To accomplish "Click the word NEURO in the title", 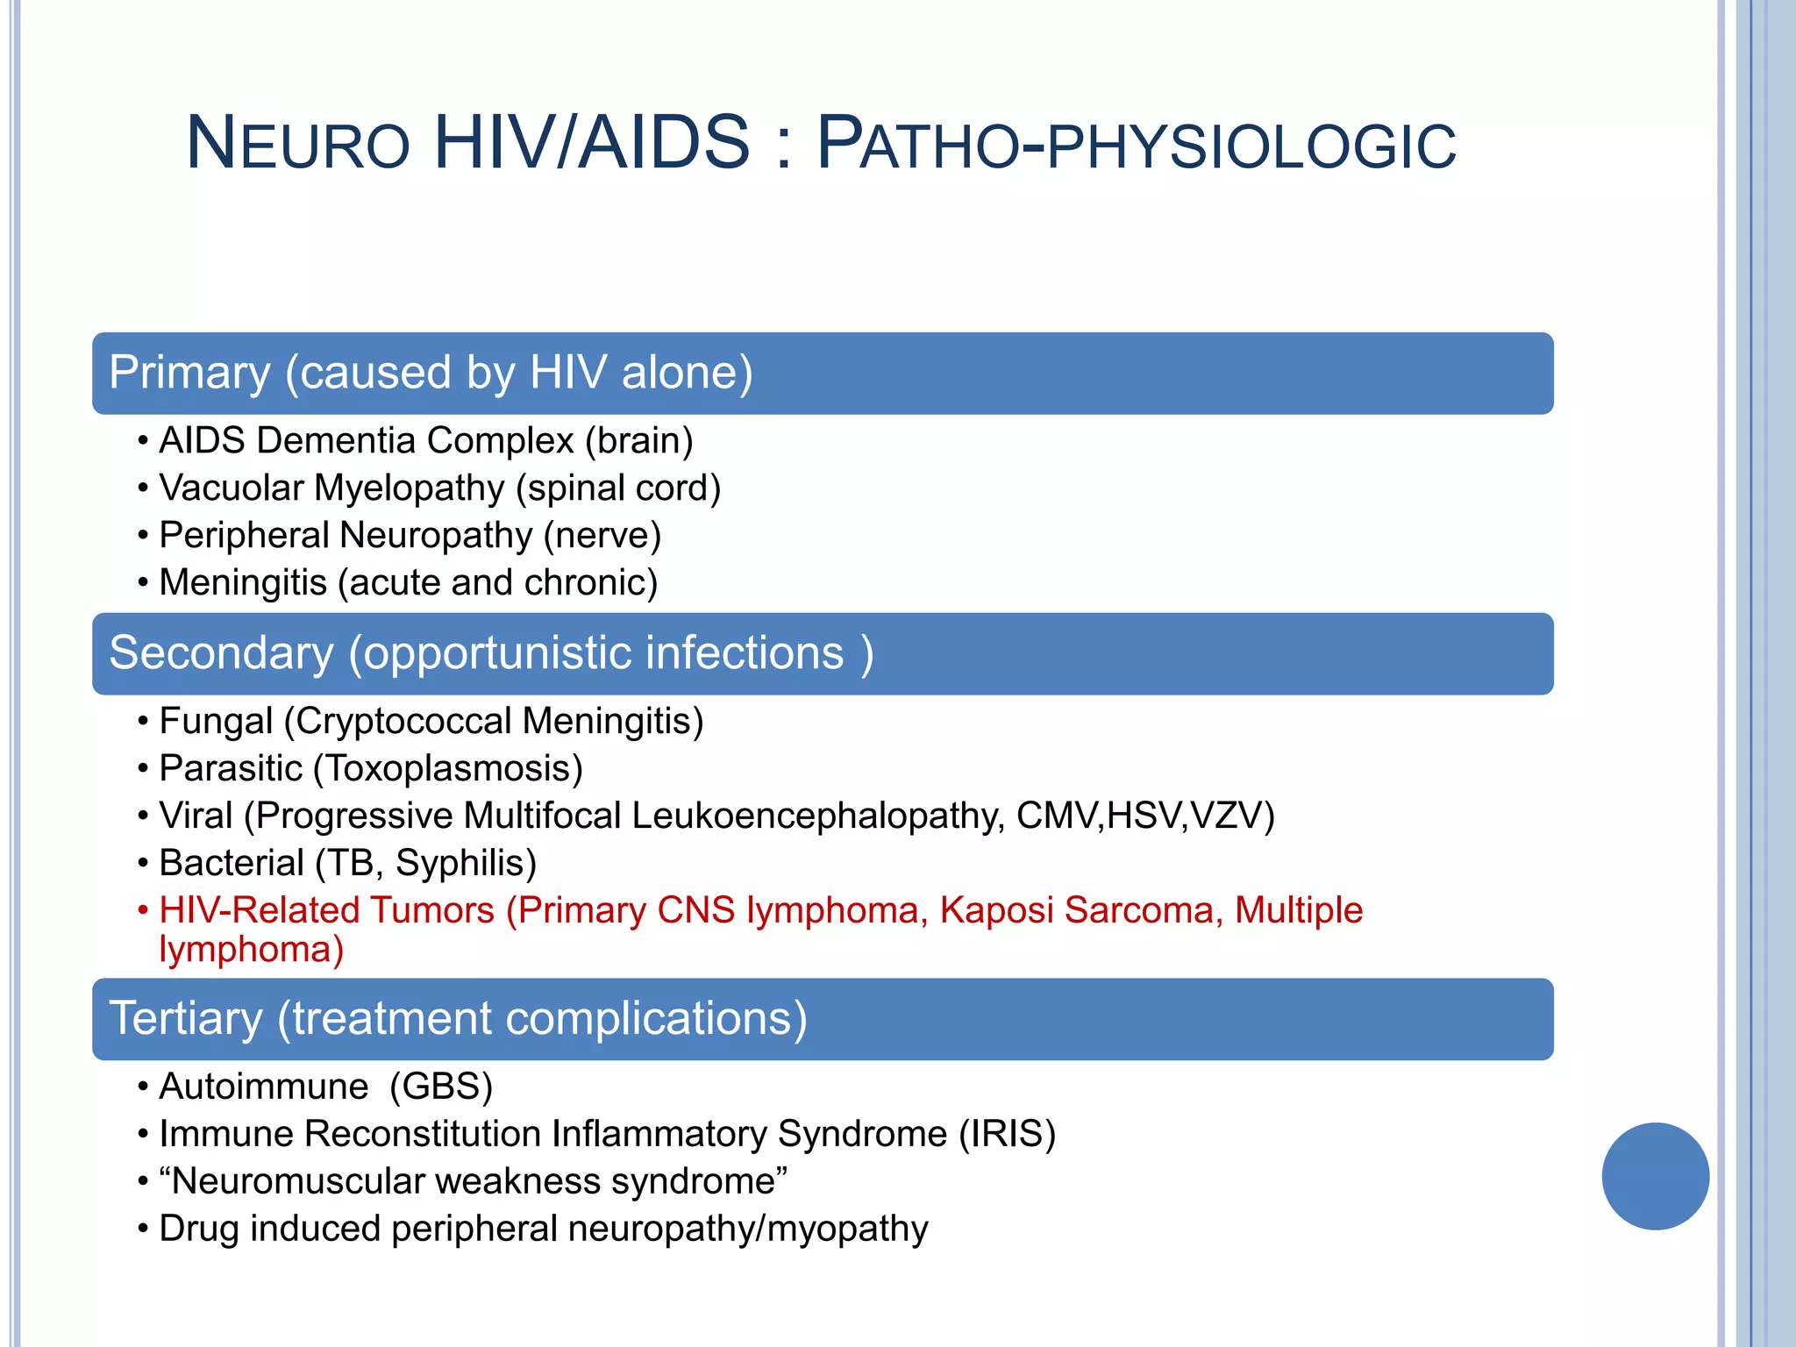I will point(298,144).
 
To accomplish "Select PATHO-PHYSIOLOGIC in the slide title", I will point(1136,144).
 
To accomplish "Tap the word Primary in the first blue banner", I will point(189,373).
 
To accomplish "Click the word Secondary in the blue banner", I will point(221,653).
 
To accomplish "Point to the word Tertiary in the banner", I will point(186,1018).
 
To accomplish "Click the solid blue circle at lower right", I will point(1655,1176).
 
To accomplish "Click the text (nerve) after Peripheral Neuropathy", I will point(602,535).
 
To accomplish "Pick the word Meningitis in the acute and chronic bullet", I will point(243,582).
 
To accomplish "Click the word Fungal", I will point(216,721).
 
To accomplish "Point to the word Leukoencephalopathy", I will point(817,816).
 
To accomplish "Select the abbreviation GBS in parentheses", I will point(441,1087).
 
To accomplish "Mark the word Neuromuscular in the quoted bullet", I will point(297,1181).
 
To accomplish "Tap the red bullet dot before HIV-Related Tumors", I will point(143,910).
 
